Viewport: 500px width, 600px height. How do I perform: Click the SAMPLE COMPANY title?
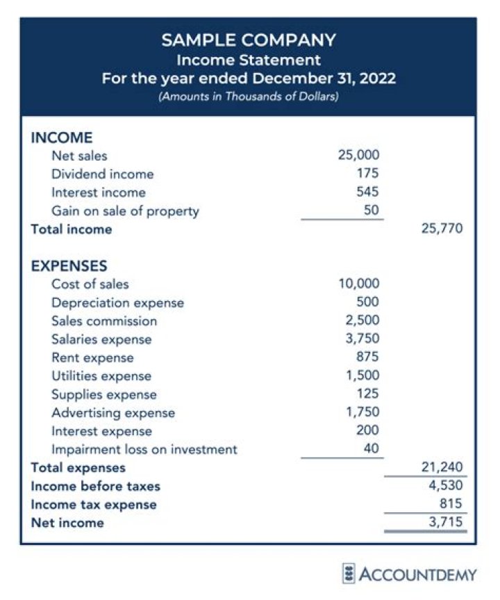coord(249,40)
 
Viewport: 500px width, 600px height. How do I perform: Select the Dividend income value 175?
coord(369,174)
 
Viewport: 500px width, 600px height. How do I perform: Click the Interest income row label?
coord(99,193)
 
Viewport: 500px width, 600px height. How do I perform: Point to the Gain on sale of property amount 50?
coord(372,211)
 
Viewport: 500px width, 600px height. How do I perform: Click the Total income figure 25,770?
coord(442,229)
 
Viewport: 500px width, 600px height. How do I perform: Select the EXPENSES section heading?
coord(69,266)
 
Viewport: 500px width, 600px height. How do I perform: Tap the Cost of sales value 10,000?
coord(358,284)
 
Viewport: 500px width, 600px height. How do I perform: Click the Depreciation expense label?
coord(118,302)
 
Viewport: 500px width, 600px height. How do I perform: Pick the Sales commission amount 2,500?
coord(362,321)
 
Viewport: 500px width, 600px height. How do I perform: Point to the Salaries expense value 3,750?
coord(362,339)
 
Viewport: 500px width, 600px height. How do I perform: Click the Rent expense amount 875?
coord(368,357)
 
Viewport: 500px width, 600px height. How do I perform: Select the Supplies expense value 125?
coord(368,394)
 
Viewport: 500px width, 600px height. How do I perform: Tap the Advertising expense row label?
coord(113,413)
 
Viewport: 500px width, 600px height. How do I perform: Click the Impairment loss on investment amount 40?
coord(372,449)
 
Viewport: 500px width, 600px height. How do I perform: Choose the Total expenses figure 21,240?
coord(442,467)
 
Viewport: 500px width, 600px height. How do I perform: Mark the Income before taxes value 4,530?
coord(445,485)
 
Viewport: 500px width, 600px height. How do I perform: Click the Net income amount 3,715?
coord(445,522)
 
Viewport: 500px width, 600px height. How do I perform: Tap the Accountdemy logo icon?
coord(350,574)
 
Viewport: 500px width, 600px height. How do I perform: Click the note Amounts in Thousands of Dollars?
coord(249,97)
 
